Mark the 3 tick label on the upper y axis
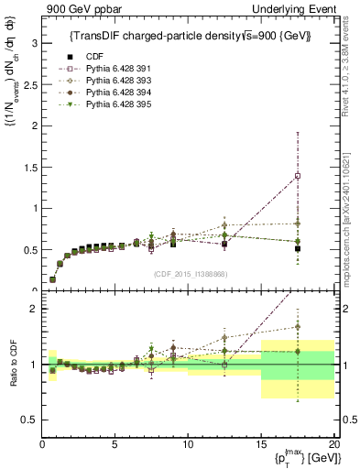pyautogui.click(x=34, y=42)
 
